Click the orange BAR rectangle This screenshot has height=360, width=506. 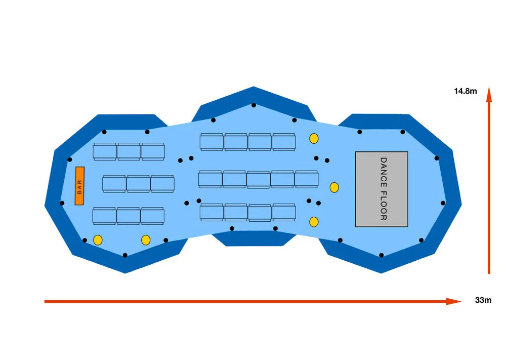point(79,186)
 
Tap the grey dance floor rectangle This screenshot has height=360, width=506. point(382,189)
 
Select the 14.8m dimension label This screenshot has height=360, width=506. point(466,91)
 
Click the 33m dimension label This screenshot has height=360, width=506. point(483,300)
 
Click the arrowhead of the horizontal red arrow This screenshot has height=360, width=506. point(455,301)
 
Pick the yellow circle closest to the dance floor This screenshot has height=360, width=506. point(334,187)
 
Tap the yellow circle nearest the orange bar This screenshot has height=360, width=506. point(98,239)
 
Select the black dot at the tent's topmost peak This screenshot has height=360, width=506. point(254,105)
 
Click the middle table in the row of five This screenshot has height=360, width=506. point(258,179)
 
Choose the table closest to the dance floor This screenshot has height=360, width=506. point(307,179)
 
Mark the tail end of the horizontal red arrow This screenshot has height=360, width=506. point(46,301)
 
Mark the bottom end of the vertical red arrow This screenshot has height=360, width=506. point(489,272)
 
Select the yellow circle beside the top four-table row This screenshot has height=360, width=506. point(314,138)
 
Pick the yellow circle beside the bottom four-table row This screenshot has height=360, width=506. point(314,221)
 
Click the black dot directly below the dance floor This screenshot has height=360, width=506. point(381,255)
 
